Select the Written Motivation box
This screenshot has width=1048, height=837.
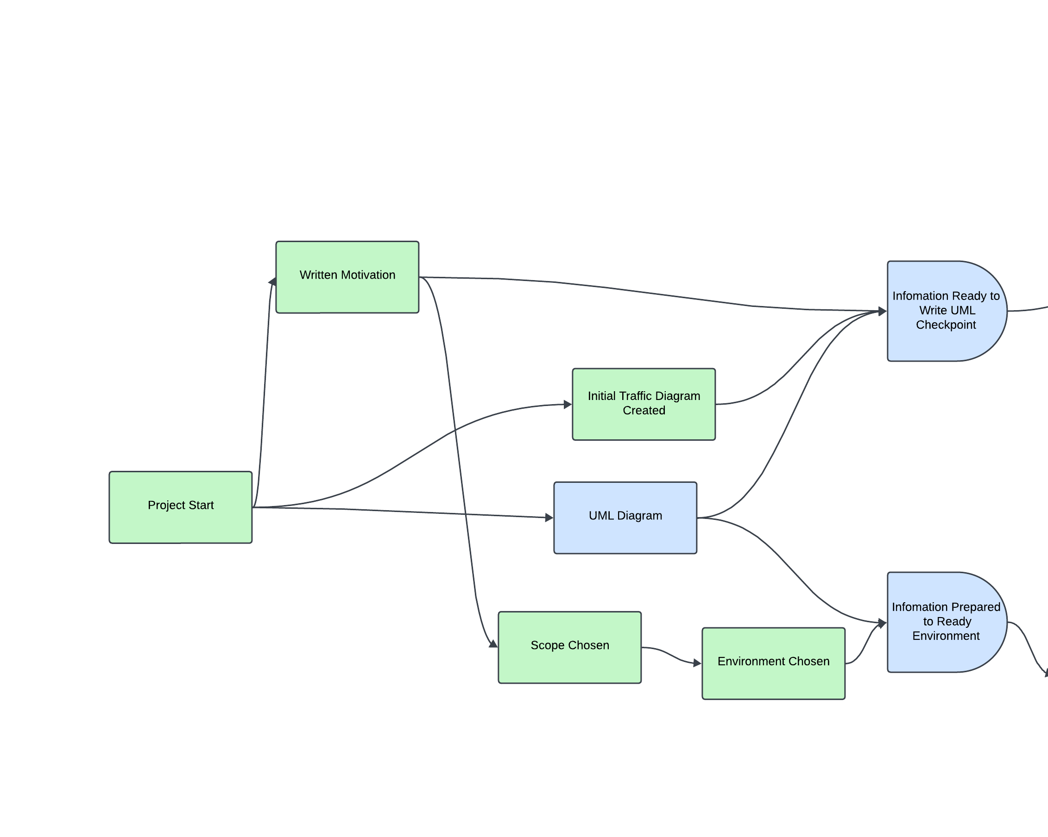click(347, 277)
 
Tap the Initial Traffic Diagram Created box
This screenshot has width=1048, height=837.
click(644, 404)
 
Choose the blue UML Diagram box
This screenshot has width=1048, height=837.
click(625, 518)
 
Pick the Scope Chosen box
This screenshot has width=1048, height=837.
click(569, 647)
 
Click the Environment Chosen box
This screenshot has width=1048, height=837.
click(773, 663)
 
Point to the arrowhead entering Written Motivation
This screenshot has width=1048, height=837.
click(273, 281)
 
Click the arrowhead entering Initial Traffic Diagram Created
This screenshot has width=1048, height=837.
click(568, 404)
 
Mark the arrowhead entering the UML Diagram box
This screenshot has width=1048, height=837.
click(549, 518)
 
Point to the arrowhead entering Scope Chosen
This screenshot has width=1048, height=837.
click(493, 644)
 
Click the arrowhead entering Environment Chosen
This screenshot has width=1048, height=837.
click(698, 662)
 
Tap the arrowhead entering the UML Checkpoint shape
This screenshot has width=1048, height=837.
click(883, 311)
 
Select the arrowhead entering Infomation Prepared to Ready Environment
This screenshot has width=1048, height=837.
click(883, 622)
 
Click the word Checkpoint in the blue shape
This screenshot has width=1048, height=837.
click(946, 325)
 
